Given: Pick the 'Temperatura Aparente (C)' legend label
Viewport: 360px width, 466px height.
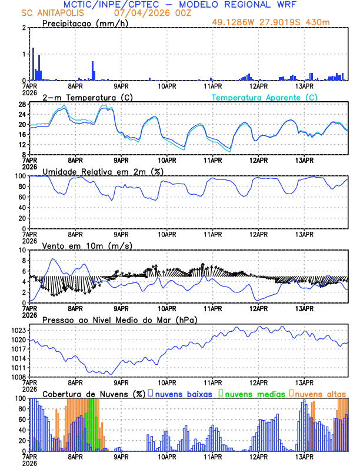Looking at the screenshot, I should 264,97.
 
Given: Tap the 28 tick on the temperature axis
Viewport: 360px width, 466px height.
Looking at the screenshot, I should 21,105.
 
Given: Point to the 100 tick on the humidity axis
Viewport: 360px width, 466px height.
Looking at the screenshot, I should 19,176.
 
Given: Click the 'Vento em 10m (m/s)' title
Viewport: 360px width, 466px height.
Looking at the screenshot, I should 87,245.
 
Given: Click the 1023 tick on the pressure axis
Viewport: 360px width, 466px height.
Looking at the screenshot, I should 18,330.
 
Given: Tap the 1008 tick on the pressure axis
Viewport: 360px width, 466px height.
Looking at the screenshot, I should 18,377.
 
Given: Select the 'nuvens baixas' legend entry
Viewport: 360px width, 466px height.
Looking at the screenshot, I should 185,394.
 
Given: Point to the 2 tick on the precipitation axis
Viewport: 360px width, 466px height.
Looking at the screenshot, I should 23,28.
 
